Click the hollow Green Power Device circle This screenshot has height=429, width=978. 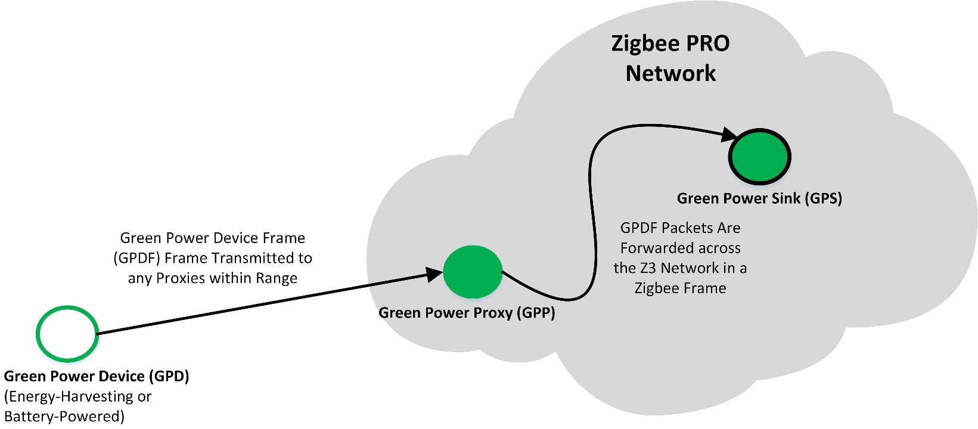tap(67, 334)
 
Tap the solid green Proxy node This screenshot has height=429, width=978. tap(473, 272)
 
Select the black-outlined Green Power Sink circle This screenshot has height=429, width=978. tap(760, 156)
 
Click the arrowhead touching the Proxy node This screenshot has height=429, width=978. tap(435, 275)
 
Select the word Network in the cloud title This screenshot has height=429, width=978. tap(670, 73)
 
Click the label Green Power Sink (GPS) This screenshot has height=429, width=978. tap(759, 198)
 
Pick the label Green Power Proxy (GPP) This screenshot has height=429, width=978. tap(467, 313)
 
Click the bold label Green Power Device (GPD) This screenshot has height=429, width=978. tap(97, 377)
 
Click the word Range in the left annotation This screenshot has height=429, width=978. tap(277, 278)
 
